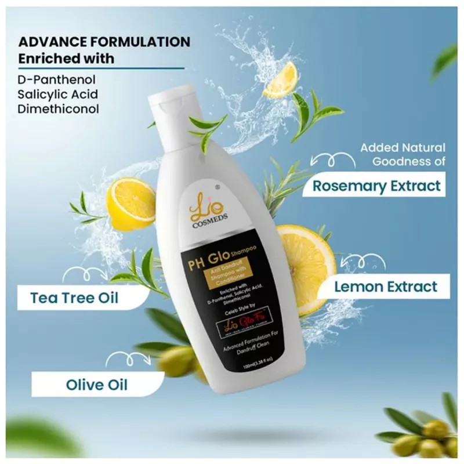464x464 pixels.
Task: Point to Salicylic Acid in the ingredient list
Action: [57, 93]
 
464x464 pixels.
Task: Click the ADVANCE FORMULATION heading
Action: [104, 42]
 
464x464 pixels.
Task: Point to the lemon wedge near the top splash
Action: [282, 81]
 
